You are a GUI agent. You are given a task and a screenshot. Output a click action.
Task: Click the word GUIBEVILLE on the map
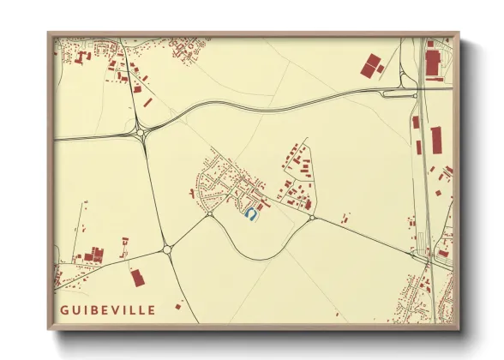(x=108, y=309)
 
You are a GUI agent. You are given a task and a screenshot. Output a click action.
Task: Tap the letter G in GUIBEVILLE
(x=64, y=309)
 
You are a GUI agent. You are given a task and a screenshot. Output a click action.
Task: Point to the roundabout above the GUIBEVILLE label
(x=167, y=250)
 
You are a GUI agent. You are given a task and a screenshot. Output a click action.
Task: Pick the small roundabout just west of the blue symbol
(x=209, y=214)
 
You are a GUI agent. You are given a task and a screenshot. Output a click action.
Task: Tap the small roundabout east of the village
(x=312, y=218)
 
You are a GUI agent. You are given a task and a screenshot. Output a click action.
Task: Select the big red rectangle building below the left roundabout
(x=136, y=278)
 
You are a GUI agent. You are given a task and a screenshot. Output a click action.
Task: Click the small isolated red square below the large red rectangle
(x=178, y=305)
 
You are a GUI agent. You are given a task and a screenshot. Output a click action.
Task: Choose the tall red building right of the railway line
(x=436, y=139)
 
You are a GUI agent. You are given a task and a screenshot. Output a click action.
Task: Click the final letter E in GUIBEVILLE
(x=152, y=309)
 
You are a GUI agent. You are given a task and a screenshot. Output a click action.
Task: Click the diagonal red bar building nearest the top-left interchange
(x=147, y=102)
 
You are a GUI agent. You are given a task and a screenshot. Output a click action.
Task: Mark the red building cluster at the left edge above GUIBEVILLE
(x=91, y=255)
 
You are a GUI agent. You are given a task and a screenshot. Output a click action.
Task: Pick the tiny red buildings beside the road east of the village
(x=345, y=217)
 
